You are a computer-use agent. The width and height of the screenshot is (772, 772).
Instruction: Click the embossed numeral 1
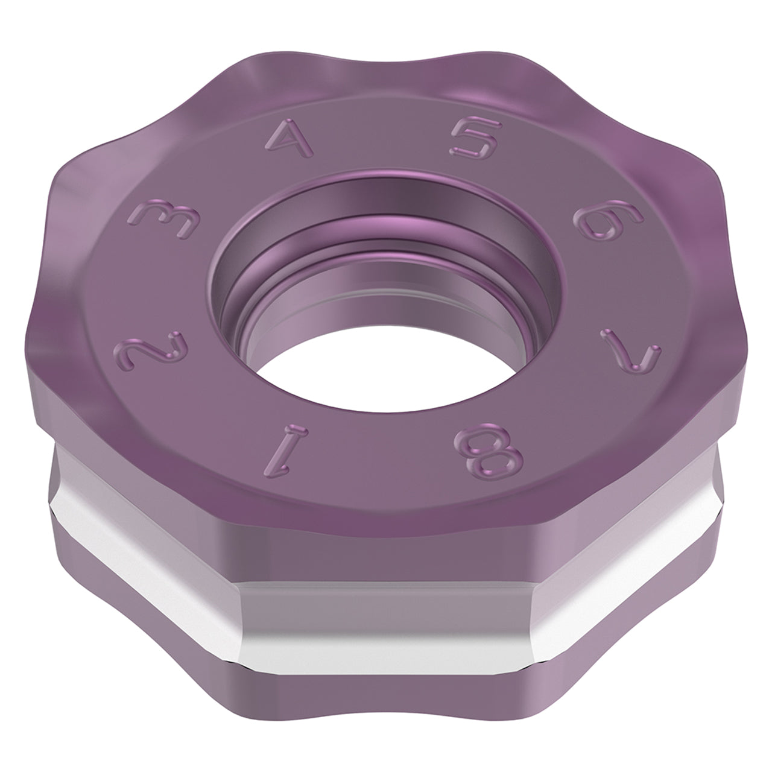point(286,451)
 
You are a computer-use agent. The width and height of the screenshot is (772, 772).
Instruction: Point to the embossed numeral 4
point(289,138)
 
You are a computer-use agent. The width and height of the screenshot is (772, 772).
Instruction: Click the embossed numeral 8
point(489,453)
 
